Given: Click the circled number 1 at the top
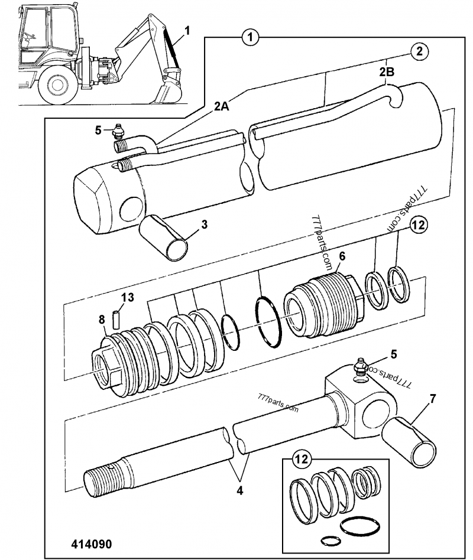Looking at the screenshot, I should tap(251, 38).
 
